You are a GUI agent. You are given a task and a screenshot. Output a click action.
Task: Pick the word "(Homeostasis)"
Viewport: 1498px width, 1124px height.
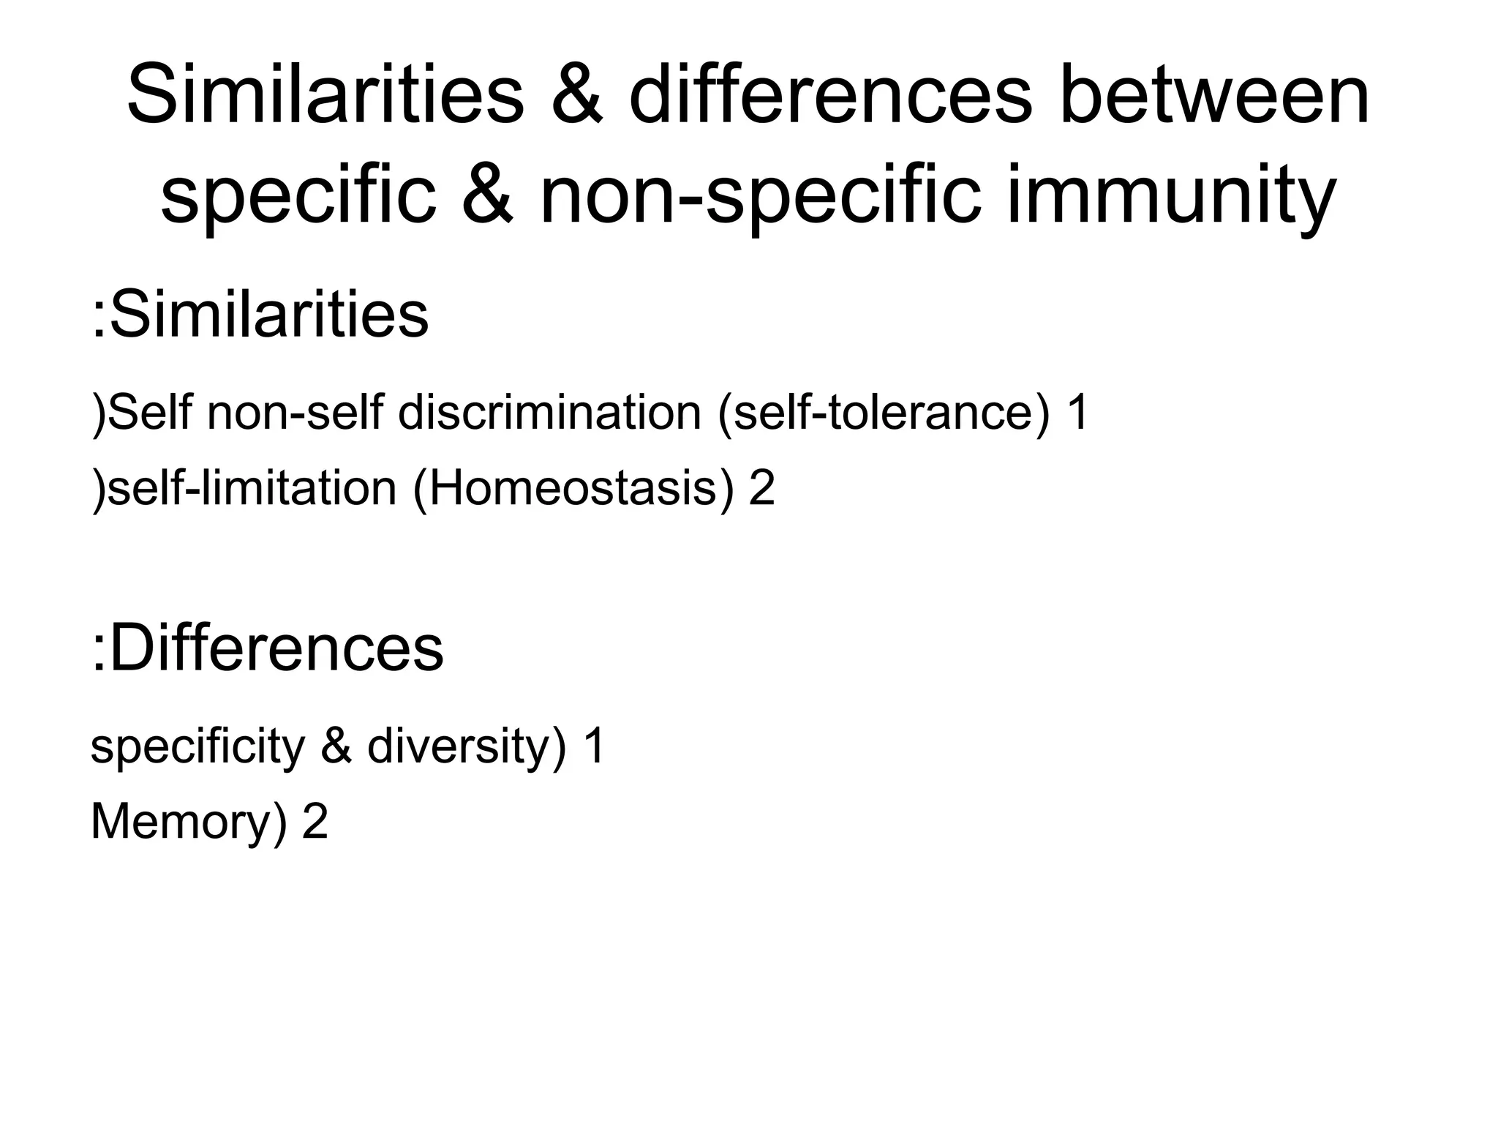[573, 488]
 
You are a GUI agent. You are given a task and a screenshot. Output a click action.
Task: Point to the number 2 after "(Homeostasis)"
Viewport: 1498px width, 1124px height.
[761, 488]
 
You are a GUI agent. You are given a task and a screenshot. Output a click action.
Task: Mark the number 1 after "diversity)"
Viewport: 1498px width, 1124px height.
[594, 746]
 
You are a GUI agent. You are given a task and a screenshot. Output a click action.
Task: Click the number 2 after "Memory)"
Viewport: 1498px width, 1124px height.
[315, 822]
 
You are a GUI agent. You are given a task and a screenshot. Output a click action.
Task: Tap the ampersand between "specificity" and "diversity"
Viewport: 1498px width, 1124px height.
[336, 746]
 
